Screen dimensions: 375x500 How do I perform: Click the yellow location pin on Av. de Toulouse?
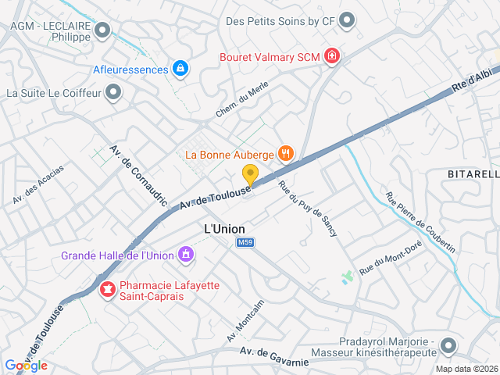(x=250, y=174)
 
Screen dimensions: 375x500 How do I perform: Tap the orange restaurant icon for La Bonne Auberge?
(x=286, y=154)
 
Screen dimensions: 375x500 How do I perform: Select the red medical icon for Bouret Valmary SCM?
(x=332, y=56)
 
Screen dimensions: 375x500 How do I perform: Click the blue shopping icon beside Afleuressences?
(x=181, y=70)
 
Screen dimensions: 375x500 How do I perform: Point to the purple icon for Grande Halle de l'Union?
(x=186, y=255)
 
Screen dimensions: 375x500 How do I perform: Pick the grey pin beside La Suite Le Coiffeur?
(x=114, y=94)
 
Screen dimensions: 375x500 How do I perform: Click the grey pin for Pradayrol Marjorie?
(x=448, y=345)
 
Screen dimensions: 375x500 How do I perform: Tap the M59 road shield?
(x=245, y=243)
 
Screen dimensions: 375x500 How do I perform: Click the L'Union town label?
(x=224, y=229)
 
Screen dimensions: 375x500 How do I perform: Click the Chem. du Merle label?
(x=237, y=102)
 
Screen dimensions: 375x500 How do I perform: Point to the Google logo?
(x=27, y=366)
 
